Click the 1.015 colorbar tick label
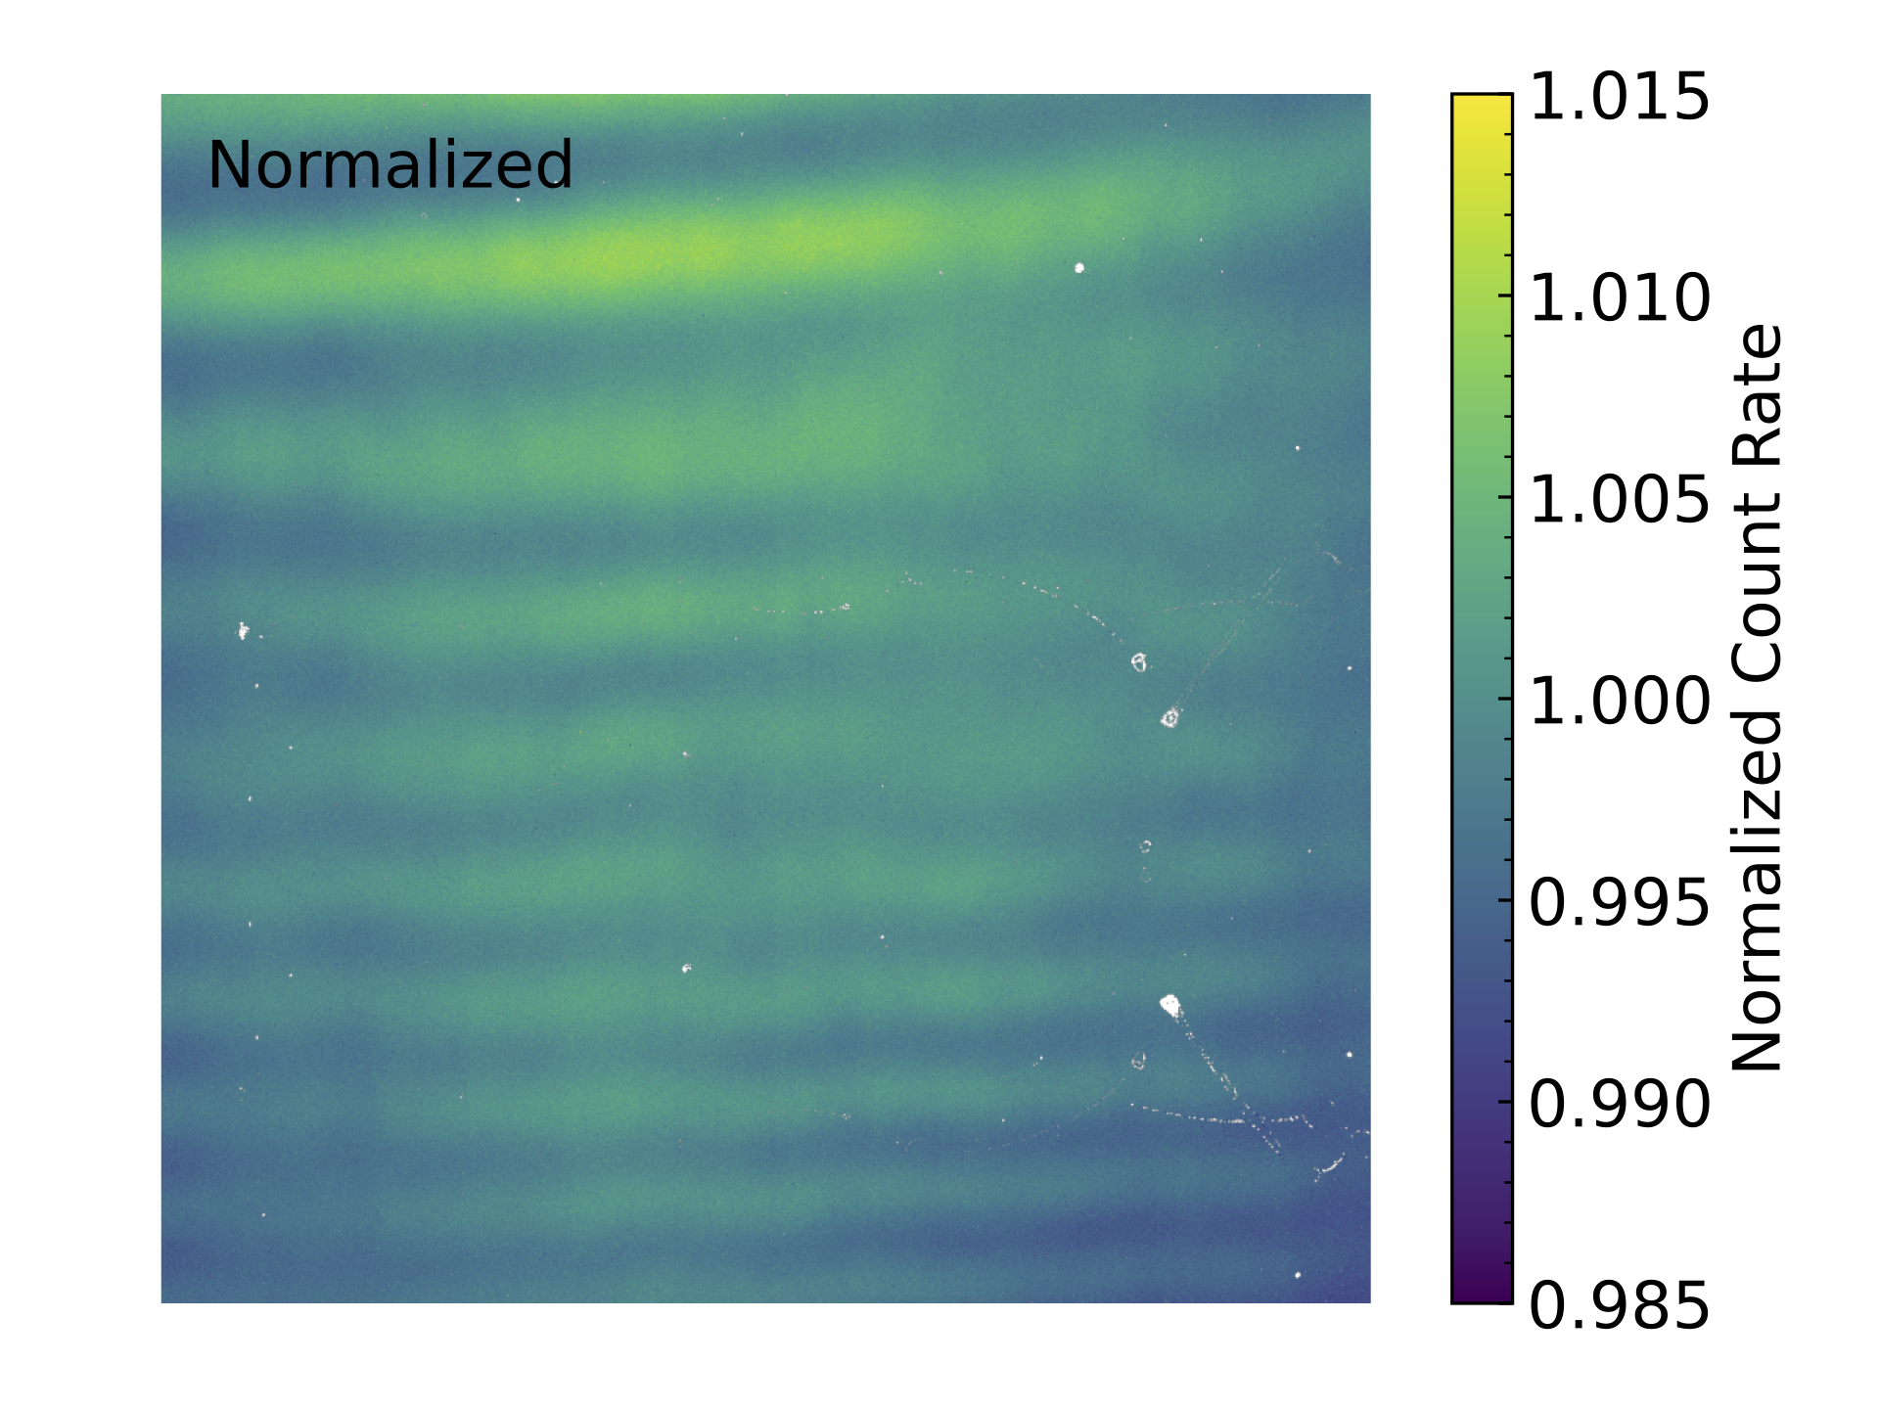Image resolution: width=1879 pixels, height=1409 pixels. click(x=1619, y=98)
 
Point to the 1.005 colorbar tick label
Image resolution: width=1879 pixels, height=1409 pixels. click(x=1619, y=500)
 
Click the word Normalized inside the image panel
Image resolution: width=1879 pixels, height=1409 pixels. click(x=390, y=164)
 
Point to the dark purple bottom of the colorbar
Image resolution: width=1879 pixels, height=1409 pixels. click(x=1481, y=1292)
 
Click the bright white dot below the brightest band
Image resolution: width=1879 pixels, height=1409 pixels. click(x=1079, y=267)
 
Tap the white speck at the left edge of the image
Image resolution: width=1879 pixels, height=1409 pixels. click(x=243, y=630)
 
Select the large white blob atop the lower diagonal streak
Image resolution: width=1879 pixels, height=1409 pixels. click(x=1169, y=1004)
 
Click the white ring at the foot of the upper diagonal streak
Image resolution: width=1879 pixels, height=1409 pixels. click(x=1169, y=719)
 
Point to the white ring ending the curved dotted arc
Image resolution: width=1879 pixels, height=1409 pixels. click(x=1138, y=663)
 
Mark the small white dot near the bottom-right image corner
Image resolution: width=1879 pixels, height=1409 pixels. click(x=1298, y=1275)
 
